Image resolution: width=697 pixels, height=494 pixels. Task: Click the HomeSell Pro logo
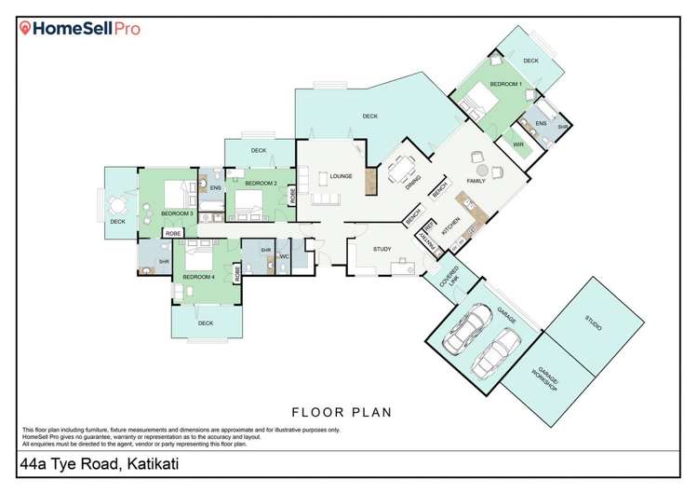[81, 29]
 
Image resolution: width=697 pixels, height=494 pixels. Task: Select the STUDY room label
[382, 249]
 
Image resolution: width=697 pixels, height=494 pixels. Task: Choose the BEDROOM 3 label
[177, 213]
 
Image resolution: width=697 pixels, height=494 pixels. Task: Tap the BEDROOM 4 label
[198, 277]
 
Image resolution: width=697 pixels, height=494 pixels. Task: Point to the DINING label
[412, 183]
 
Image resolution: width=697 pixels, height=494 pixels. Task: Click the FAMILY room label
[476, 181]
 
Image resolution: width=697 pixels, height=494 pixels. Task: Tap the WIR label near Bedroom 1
[518, 144]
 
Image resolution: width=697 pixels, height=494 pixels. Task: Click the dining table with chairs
[403, 168]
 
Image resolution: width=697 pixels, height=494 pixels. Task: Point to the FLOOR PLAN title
[342, 411]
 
